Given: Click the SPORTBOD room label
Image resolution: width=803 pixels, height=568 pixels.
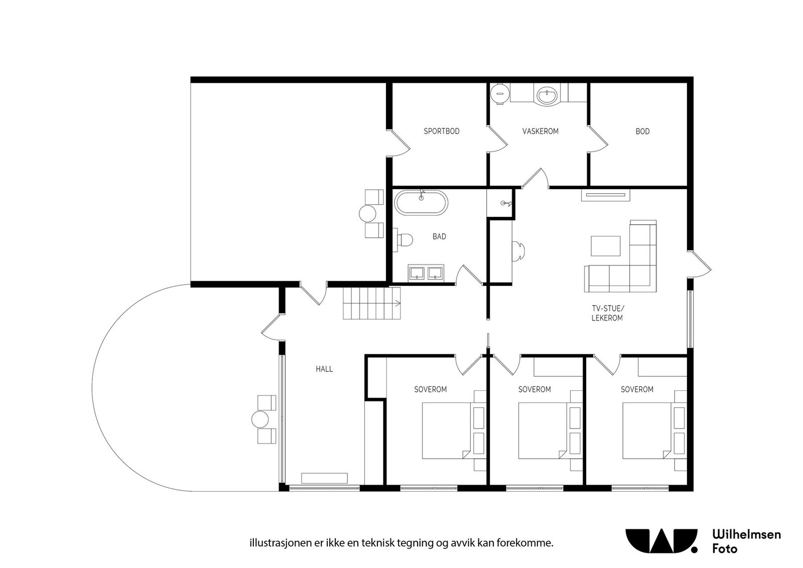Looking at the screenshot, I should [x=441, y=131].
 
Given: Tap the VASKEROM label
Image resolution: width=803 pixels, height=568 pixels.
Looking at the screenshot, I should [x=540, y=131].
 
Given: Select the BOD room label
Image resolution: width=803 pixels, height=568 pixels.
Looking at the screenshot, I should [x=642, y=131].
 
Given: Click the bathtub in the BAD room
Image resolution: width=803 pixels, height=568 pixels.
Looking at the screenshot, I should [x=421, y=203].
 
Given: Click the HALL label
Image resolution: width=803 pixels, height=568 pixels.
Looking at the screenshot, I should [x=324, y=369].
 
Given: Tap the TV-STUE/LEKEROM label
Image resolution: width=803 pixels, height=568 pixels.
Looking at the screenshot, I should [x=607, y=313].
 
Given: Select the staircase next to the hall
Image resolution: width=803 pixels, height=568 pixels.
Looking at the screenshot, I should [x=372, y=303].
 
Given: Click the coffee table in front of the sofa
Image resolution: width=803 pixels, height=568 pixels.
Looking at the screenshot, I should [x=606, y=246].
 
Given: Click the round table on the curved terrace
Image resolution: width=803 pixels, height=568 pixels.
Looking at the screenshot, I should [x=260, y=419].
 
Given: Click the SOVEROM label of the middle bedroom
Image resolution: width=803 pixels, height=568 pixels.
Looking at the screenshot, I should [x=534, y=389].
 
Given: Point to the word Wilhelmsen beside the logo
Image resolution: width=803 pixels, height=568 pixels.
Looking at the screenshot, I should [x=746, y=534].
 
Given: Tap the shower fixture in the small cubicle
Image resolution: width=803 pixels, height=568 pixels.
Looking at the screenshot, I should [x=505, y=203].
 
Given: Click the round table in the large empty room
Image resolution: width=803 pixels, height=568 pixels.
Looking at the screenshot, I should [x=368, y=214].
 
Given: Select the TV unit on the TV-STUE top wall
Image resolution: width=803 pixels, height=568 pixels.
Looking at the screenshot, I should [x=605, y=195].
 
